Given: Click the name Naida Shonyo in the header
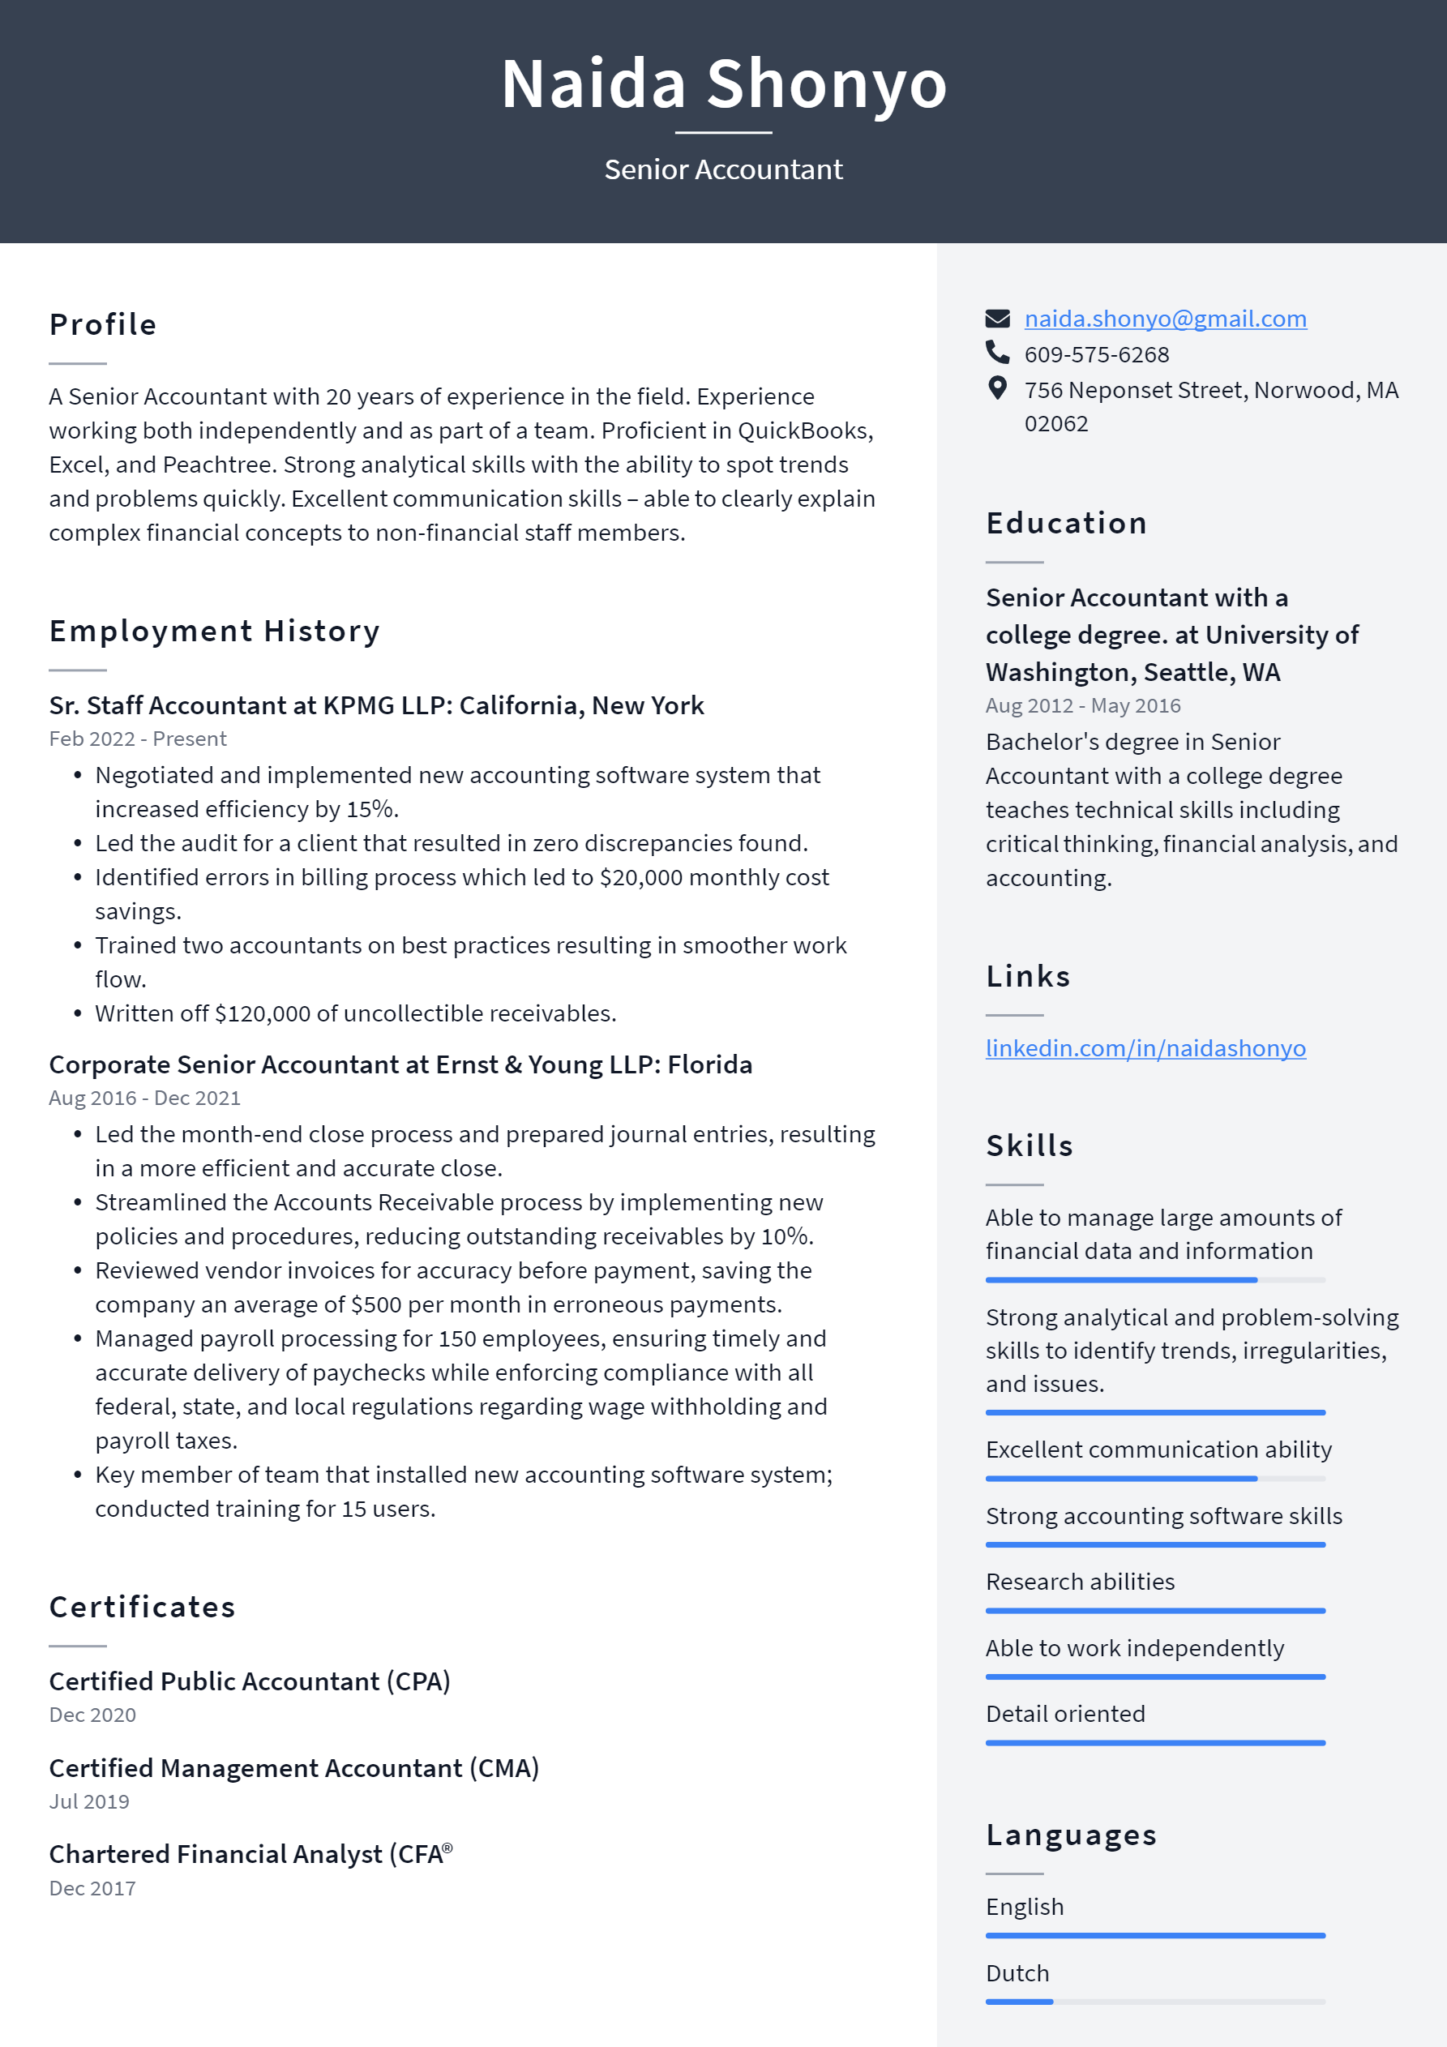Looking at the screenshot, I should pos(723,84).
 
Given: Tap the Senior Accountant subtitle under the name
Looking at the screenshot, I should pos(723,169).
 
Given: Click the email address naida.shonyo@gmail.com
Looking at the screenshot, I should pos(1164,319).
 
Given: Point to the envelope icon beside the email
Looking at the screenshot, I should pos(997,319).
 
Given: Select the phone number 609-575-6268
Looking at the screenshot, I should pos(1096,355).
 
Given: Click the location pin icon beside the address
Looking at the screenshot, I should pos(997,388).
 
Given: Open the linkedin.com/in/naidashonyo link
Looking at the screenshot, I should pos(1145,1047).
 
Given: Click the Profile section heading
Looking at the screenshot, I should pos(102,324).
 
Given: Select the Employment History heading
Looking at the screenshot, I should pos(214,632).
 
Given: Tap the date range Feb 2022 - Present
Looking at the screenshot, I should pos(137,739).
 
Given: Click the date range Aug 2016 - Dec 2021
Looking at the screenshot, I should pos(144,1098).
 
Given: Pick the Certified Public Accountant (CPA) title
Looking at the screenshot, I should pos(250,1681).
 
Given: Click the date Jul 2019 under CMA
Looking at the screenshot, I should pos(89,1802).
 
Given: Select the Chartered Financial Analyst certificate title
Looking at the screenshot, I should pos(250,1854).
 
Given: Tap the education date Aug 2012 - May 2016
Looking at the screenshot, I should pos(1082,706).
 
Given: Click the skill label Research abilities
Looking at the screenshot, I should pos(1080,1582).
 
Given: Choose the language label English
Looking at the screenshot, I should pos(1025,1907).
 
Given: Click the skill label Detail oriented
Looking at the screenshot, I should pos(1064,1714).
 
